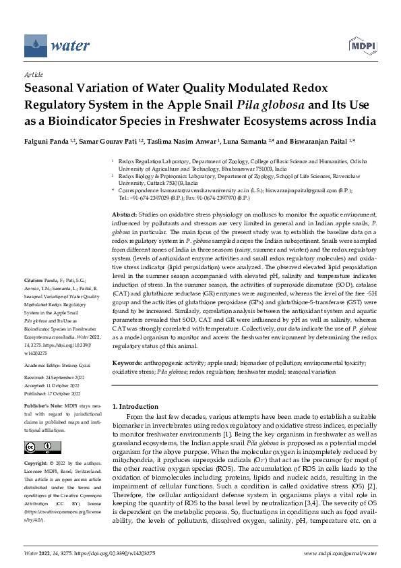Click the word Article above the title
(x=33, y=76)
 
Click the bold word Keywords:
(x=126, y=362)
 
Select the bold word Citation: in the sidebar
(x=34, y=297)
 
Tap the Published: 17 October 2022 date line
(x=53, y=393)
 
